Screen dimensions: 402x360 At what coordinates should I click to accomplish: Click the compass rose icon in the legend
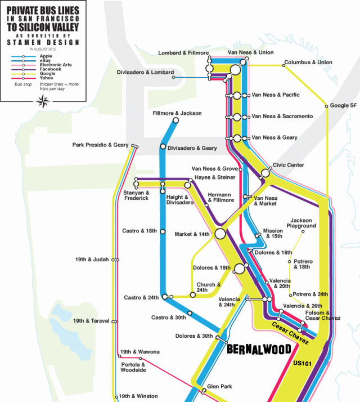tap(43, 101)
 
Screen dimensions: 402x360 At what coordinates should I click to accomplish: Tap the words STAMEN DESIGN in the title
tap(43, 42)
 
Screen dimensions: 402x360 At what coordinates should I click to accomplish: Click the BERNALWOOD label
tap(258, 349)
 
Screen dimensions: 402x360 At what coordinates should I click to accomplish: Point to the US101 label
tap(303, 363)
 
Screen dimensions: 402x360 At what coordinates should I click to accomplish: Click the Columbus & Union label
tap(308, 62)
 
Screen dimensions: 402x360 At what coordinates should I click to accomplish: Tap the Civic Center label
tap(289, 165)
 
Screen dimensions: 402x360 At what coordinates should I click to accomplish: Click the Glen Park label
tap(220, 386)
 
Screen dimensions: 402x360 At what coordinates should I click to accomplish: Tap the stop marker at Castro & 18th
tap(163, 231)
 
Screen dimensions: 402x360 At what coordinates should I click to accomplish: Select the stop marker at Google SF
tap(326, 105)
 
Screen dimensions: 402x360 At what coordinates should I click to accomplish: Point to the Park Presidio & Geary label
tap(100, 145)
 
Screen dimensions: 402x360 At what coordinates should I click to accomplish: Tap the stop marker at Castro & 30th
tap(190, 313)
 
